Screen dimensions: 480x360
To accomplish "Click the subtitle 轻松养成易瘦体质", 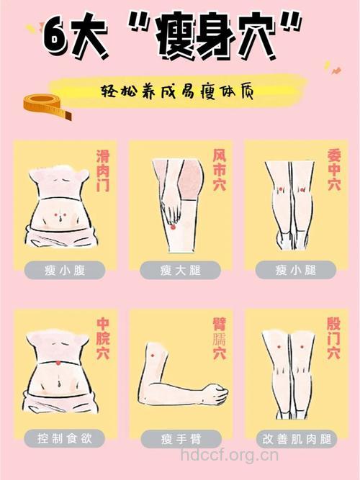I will (x=179, y=91).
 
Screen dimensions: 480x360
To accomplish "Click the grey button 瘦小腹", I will (x=64, y=270).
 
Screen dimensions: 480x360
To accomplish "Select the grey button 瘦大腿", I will (x=179, y=270).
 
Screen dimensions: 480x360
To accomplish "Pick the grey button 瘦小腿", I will (x=295, y=270).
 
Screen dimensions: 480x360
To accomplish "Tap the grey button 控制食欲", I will (x=64, y=438).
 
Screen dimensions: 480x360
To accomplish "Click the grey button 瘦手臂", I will (x=179, y=438).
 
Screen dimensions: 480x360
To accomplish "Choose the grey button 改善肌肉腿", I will (x=295, y=438).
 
